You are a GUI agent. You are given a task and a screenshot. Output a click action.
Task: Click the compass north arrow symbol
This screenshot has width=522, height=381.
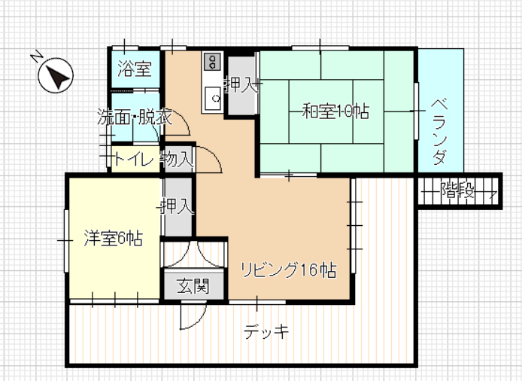coord(56,75)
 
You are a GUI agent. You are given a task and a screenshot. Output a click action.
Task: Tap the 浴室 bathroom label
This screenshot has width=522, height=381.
coord(135,69)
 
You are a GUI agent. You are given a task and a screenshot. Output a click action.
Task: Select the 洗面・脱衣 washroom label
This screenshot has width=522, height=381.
coord(135,117)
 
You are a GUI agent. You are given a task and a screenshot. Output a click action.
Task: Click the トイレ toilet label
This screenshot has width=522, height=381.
coord(133,160)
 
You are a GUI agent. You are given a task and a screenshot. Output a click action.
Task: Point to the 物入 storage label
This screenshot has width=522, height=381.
coord(177,159)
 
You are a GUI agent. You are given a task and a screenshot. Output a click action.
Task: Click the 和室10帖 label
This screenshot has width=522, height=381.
coord(335,111)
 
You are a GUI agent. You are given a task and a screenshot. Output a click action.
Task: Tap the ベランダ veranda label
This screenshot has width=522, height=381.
coord(440,131)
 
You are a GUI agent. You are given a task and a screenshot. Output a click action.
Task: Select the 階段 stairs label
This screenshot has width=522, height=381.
coord(457,191)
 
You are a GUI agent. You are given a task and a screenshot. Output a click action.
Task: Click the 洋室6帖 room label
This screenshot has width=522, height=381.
coord(113,238)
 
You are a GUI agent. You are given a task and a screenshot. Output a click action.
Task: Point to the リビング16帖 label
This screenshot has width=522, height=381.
coord(288,270)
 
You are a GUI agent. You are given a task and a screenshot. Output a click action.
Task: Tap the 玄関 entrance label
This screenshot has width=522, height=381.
coord(193,286)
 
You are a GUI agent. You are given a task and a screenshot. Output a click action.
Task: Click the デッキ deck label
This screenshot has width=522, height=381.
coord(266,331)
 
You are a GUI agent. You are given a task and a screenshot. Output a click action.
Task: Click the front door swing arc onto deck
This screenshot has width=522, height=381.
coord(199,321)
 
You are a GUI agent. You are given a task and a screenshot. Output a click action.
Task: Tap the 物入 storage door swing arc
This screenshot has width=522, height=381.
coord(214,154)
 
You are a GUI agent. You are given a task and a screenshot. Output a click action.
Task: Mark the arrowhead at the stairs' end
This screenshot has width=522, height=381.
coord(494,193)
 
